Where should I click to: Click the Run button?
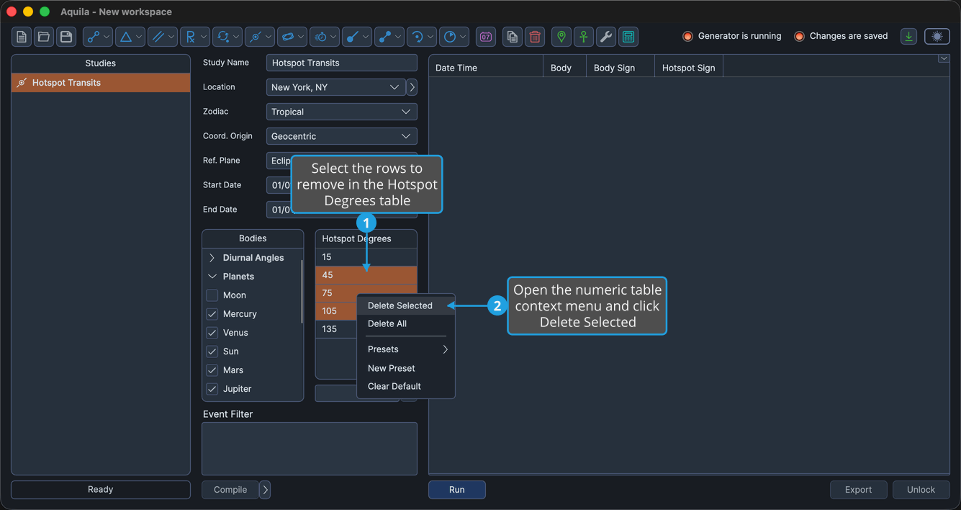coord(456,489)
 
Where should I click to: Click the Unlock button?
coord(921,489)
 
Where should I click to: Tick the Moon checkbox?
coord(212,295)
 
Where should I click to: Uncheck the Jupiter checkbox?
coord(212,389)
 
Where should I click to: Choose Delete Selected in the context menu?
coord(400,305)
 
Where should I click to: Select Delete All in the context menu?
coord(387,323)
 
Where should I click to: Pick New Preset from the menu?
coord(392,368)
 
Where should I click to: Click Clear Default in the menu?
coord(394,386)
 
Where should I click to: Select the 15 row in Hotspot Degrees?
coord(366,256)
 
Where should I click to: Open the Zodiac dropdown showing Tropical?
coord(341,112)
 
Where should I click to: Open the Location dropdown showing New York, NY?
coord(336,87)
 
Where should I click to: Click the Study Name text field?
coord(341,63)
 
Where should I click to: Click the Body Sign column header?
coord(614,68)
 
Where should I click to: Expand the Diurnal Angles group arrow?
coord(212,258)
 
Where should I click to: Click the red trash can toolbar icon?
coord(535,37)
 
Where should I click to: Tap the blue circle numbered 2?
coord(497,305)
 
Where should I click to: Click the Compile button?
coord(230,489)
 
